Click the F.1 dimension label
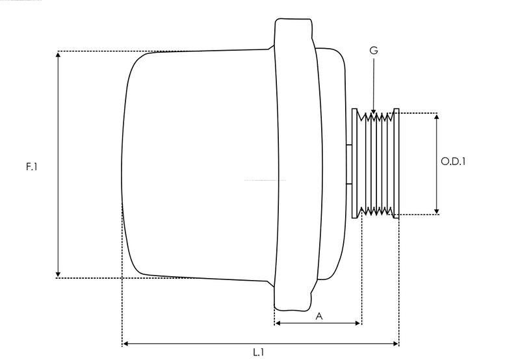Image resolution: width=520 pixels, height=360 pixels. click(x=31, y=167)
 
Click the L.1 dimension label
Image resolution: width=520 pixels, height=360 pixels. click(x=258, y=352)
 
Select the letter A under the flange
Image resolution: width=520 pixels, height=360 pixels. click(x=318, y=316)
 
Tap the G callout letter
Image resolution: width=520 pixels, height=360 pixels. click(x=373, y=50)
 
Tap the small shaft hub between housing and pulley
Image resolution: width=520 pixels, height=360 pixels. click(x=349, y=164)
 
